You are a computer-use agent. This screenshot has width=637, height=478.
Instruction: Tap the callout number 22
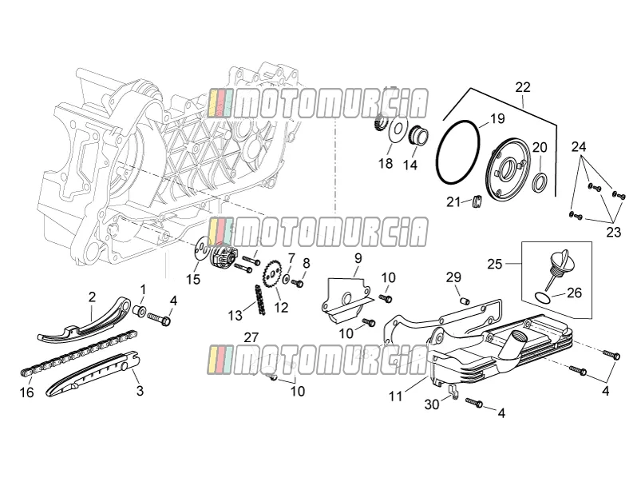tap(523, 87)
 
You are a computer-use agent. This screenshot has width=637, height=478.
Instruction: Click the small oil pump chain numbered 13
tap(259, 299)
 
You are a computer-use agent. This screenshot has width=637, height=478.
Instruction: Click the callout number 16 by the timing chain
tap(27, 392)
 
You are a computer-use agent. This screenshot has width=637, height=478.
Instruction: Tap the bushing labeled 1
tap(140, 311)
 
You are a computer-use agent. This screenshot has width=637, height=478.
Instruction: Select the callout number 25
tap(495, 264)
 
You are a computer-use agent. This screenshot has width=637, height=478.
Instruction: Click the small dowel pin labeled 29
tap(465, 301)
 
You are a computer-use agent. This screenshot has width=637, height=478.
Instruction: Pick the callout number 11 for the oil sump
tap(395, 396)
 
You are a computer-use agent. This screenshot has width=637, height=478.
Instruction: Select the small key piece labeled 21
tap(478, 201)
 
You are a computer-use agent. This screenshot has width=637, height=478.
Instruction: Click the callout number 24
tap(580, 146)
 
